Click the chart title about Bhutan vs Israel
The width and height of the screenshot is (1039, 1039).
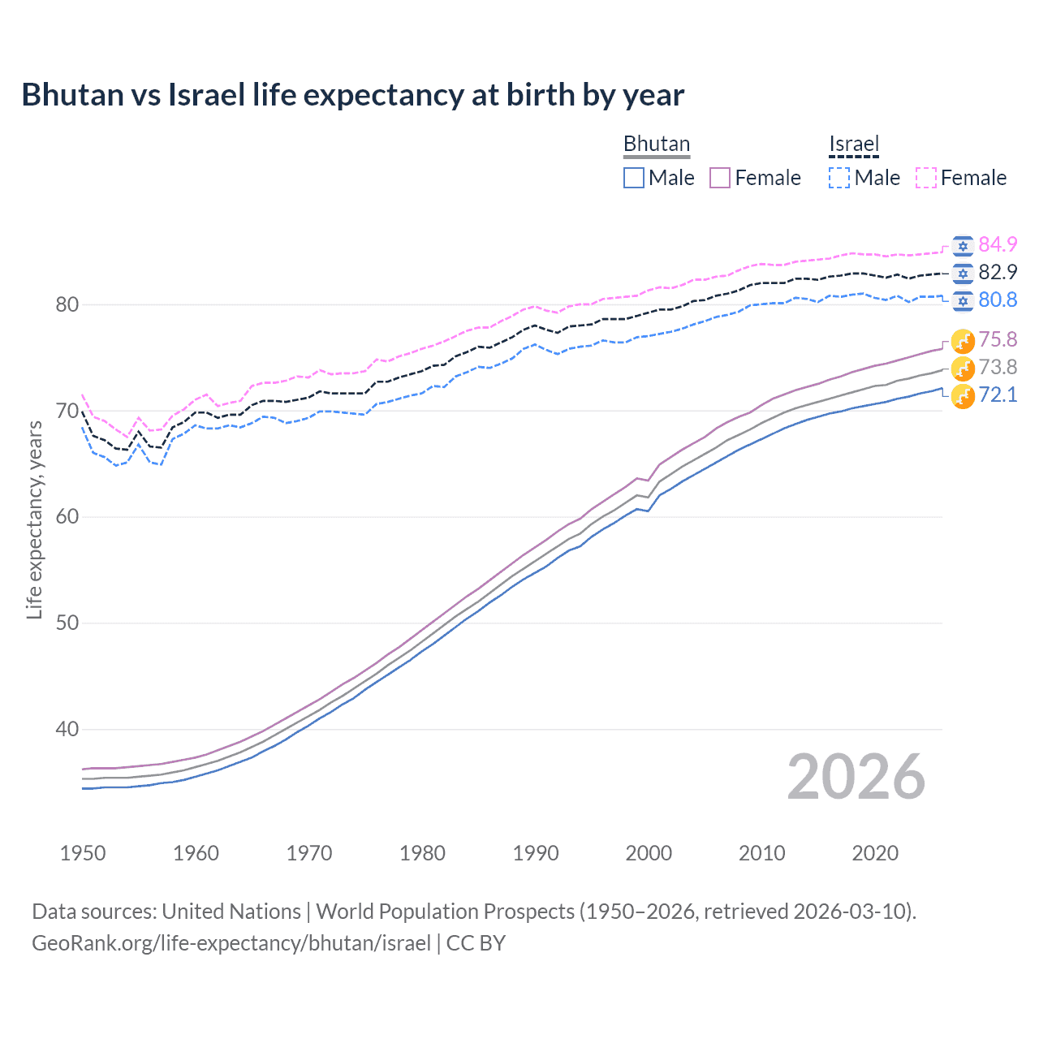click(x=352, y=95)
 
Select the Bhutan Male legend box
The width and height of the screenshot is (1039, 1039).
click(x=634, y=178)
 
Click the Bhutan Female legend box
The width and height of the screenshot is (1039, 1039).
click(x=720, y=178)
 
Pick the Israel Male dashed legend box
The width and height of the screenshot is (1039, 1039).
click(x=839, y=178)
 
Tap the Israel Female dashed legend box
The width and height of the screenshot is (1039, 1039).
click(x=926, y=178)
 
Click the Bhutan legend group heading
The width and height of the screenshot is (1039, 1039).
click(x=656, y=144)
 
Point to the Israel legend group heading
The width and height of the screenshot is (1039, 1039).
click(x=854, y=144)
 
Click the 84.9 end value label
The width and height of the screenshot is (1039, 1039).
click(x=998, y=244)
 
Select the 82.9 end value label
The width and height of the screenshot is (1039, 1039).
click(x=998, y=272)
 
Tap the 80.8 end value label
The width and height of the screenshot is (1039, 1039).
click(x=998, y=300)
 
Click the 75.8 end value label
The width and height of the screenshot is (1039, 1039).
click(x=998, y=339)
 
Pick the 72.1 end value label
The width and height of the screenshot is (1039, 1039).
click(x=998, y=394)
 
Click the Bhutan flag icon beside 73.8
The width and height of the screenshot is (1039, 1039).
click(x=963, y=368)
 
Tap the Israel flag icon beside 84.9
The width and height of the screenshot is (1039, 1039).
click(x=963, y=246)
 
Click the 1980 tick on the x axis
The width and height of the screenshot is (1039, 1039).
click(x=422, y=853)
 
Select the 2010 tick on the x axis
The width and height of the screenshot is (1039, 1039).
click(x=761, y=853)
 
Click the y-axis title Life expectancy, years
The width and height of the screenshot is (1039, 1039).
click(x=34, y=519)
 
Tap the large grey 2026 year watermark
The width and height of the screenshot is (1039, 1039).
click(x=856, y=777)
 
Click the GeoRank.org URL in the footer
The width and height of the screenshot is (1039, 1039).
click(x=231, y=943)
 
